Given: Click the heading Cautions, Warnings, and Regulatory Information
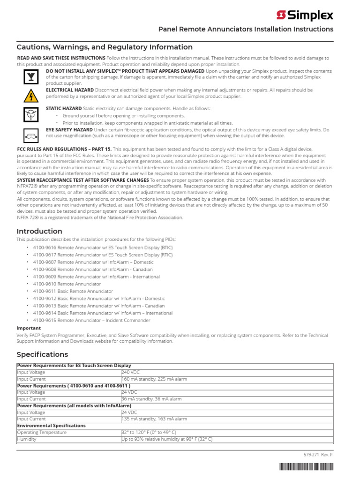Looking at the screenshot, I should [x=105, y=47].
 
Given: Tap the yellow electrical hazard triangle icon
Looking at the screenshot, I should [x=29, y=95].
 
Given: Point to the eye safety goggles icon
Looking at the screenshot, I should [x=29, y=135].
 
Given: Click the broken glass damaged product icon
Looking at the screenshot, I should [x=29, y=77].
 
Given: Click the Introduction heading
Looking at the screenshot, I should [x=39, y=231].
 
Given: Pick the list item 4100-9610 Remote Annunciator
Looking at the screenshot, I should [x=67, y=284].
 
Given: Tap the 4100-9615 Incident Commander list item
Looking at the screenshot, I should [x=91, y=321].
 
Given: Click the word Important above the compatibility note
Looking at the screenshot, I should [x=29, y=328].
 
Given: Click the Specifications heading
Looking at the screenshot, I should [x=42, y=354].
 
